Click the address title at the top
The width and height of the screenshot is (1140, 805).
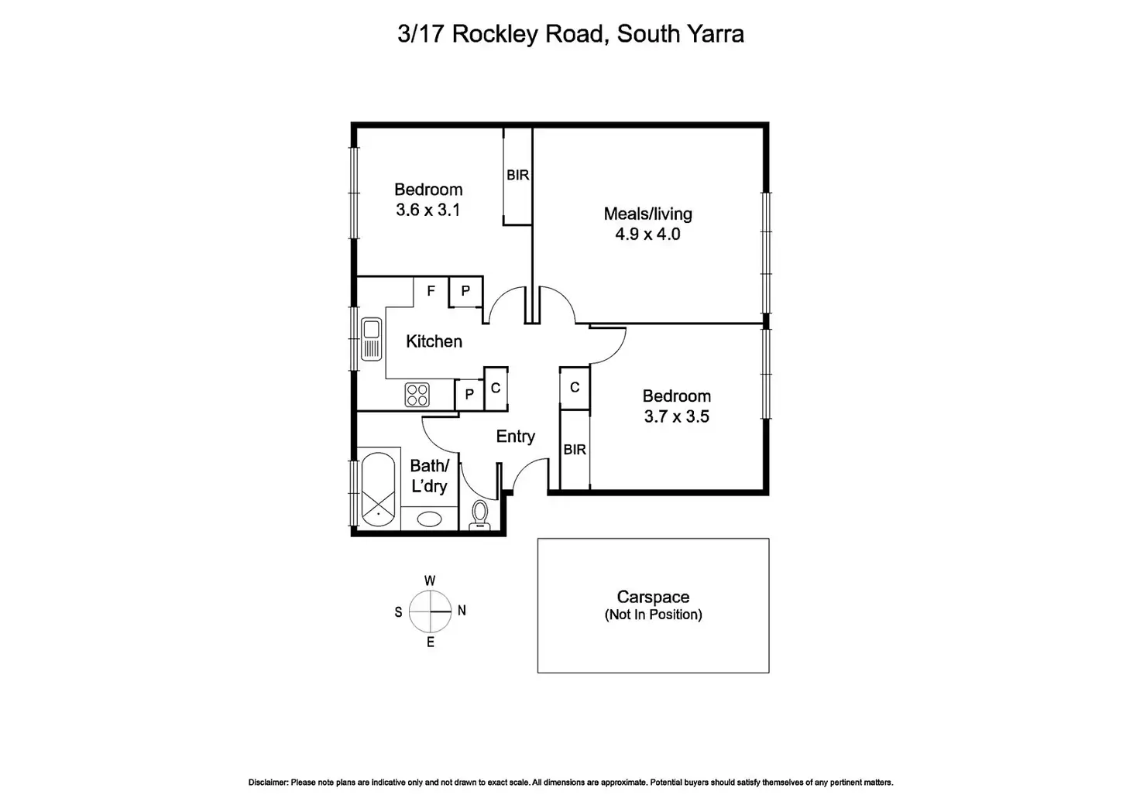tap(570, 34)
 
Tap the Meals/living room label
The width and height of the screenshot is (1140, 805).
tap(647, 214)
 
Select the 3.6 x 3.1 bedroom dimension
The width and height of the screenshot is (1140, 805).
tap(428, 210)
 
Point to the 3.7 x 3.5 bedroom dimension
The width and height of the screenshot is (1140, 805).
tap(676, 416)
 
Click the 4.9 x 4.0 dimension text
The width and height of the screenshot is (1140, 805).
tap(647, 234)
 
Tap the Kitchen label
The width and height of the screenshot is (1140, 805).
tap(434, 341)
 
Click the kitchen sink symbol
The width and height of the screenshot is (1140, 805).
tap(371, 339)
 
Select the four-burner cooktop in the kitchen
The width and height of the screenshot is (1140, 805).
tap(417, 395)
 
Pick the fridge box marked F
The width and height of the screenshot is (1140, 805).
tap(431, 291)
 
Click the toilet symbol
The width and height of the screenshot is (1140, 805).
tap(480, 515)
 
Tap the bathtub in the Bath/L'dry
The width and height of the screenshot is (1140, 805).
tap(378, 490)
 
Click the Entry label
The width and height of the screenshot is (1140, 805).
tap(515, 437)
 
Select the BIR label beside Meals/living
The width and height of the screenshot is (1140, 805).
tap(517, 176)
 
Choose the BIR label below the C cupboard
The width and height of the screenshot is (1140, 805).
tap(575, 450)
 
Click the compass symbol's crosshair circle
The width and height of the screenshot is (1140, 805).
tap(430, 611)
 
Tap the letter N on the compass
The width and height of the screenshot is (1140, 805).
tap(462, 611)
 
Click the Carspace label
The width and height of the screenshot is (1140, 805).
tap(653, 597)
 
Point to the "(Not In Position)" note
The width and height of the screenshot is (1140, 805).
tap(653, 615)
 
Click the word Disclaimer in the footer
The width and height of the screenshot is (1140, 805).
tap(268, 783)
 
